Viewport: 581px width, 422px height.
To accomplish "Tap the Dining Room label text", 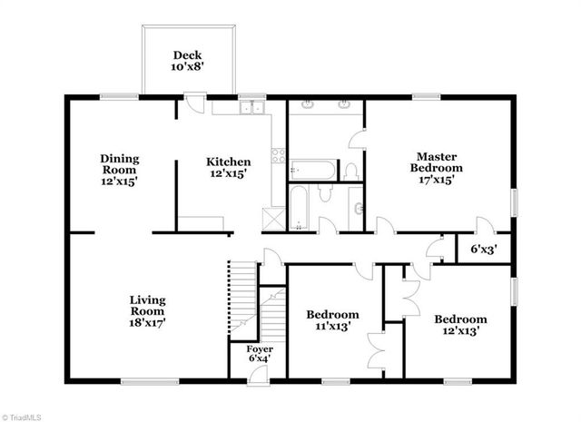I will [x=119, y=170].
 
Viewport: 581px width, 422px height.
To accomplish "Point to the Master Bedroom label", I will [x=437, y=168].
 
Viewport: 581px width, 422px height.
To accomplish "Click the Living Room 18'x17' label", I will [x=147, y=310].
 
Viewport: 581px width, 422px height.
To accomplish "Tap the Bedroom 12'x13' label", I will [x=459, y=325].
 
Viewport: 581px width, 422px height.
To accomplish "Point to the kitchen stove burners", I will [x=278, y=164].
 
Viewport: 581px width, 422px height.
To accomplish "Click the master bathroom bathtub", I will [x=310, y=170].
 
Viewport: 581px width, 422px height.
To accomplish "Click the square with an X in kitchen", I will [x=270, y=218].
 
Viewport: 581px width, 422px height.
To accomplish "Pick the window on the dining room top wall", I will [x=119, y=96].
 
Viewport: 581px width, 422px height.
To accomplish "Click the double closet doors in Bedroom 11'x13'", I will [x=375, y=351].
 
